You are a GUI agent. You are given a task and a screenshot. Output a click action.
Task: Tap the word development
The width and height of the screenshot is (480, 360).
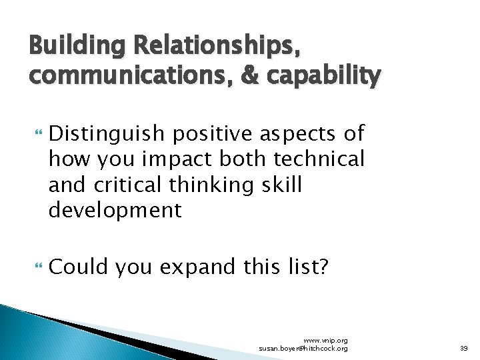[x=115, y=211]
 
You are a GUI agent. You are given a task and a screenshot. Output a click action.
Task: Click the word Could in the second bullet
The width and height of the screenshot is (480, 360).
[x=79, y=267]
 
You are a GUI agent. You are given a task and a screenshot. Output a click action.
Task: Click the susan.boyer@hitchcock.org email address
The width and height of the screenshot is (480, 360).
[x=303, y=348]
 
